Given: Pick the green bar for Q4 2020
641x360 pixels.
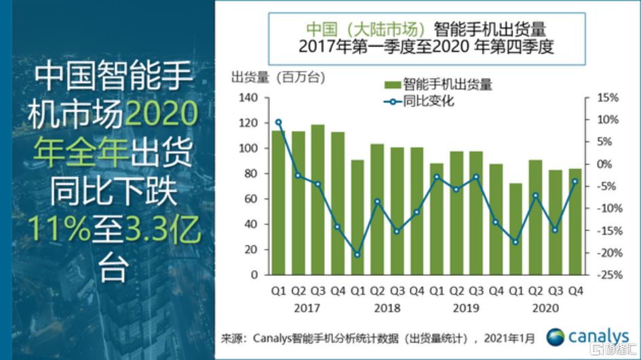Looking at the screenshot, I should click(575, 221).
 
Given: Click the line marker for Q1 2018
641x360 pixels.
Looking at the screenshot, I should click(357, 255).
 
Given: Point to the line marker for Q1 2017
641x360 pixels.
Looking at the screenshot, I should click(278, 122).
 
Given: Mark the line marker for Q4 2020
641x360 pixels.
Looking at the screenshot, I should click(575, 181).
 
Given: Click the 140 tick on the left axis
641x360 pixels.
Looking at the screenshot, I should click(248, 98).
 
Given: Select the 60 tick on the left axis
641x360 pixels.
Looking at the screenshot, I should click(251, 199).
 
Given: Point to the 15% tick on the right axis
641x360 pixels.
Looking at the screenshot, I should click(608, 98).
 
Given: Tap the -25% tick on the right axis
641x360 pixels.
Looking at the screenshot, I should click(607, 275).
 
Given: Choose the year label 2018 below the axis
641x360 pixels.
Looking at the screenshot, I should click(387, 308).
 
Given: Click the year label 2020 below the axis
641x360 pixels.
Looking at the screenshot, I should click(545, 308).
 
